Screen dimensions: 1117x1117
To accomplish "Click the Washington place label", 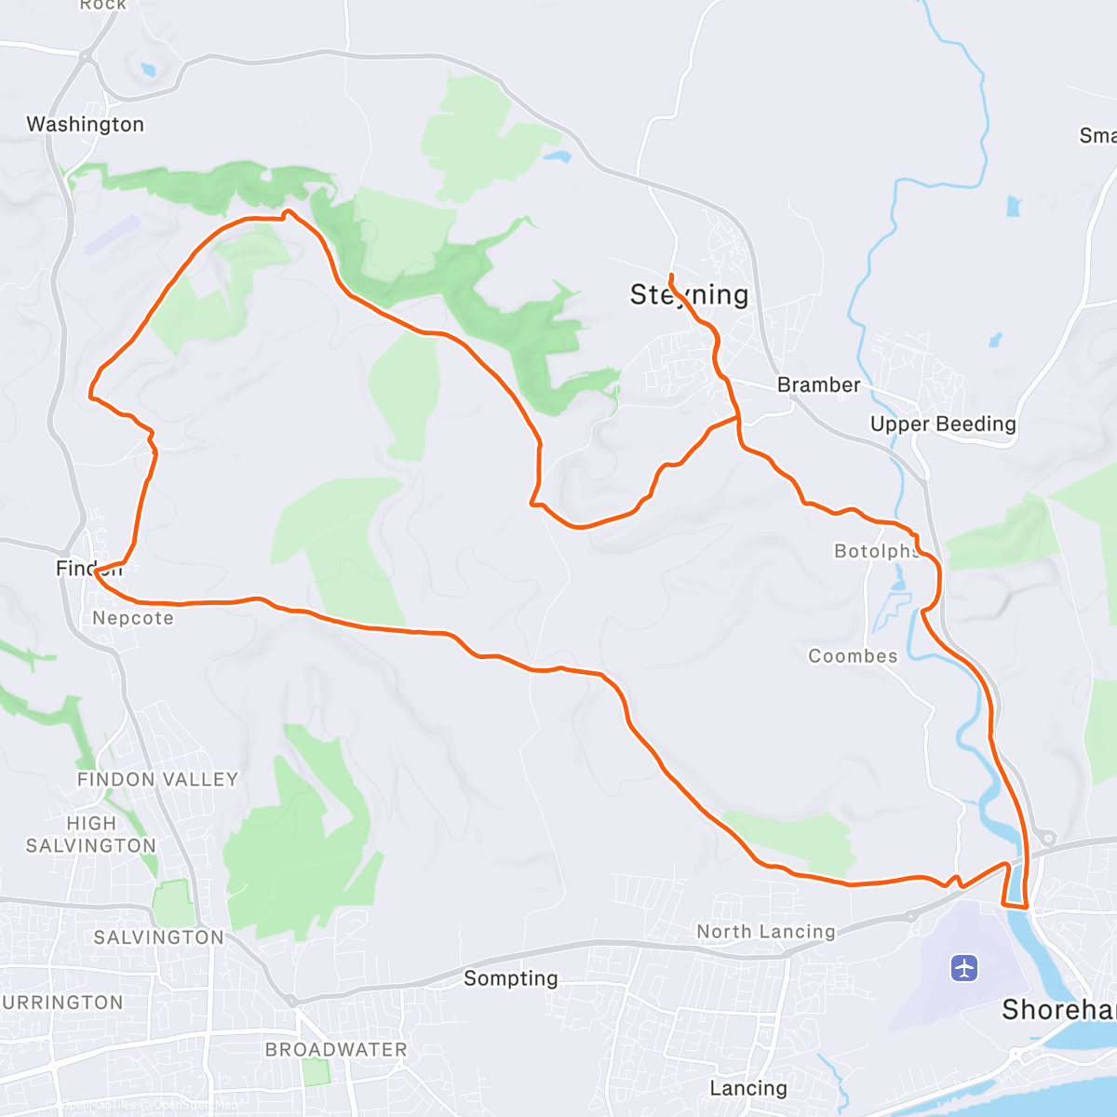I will pos(85,125).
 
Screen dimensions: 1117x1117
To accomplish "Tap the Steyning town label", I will pos(689,295).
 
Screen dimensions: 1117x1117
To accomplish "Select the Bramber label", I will pos(818,384).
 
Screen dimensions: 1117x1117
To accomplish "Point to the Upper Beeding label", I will pos(943,424).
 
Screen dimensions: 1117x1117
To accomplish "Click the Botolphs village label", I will pos(876,551).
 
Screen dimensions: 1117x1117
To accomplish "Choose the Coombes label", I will pos(853,656).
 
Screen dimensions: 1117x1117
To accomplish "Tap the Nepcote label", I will pos(133,618).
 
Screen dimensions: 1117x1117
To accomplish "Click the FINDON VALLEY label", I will pos(157,779).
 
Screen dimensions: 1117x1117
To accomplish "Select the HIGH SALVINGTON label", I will pos(91,835).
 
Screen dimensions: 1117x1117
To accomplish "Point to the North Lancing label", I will pos(766,932).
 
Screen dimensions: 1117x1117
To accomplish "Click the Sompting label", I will pos(511,978).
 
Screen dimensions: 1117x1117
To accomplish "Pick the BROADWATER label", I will pos(336,1049).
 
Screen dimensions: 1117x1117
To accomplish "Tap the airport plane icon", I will pos(964,968).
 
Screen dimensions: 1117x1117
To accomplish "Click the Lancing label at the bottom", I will pos(747,1088).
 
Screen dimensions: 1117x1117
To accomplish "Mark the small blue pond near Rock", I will pos(147,69).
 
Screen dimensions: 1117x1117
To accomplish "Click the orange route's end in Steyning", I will pos(671,276).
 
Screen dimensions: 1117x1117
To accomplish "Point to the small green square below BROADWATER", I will pos(316,1072).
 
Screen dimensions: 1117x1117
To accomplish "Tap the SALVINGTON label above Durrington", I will pos(159,937).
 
